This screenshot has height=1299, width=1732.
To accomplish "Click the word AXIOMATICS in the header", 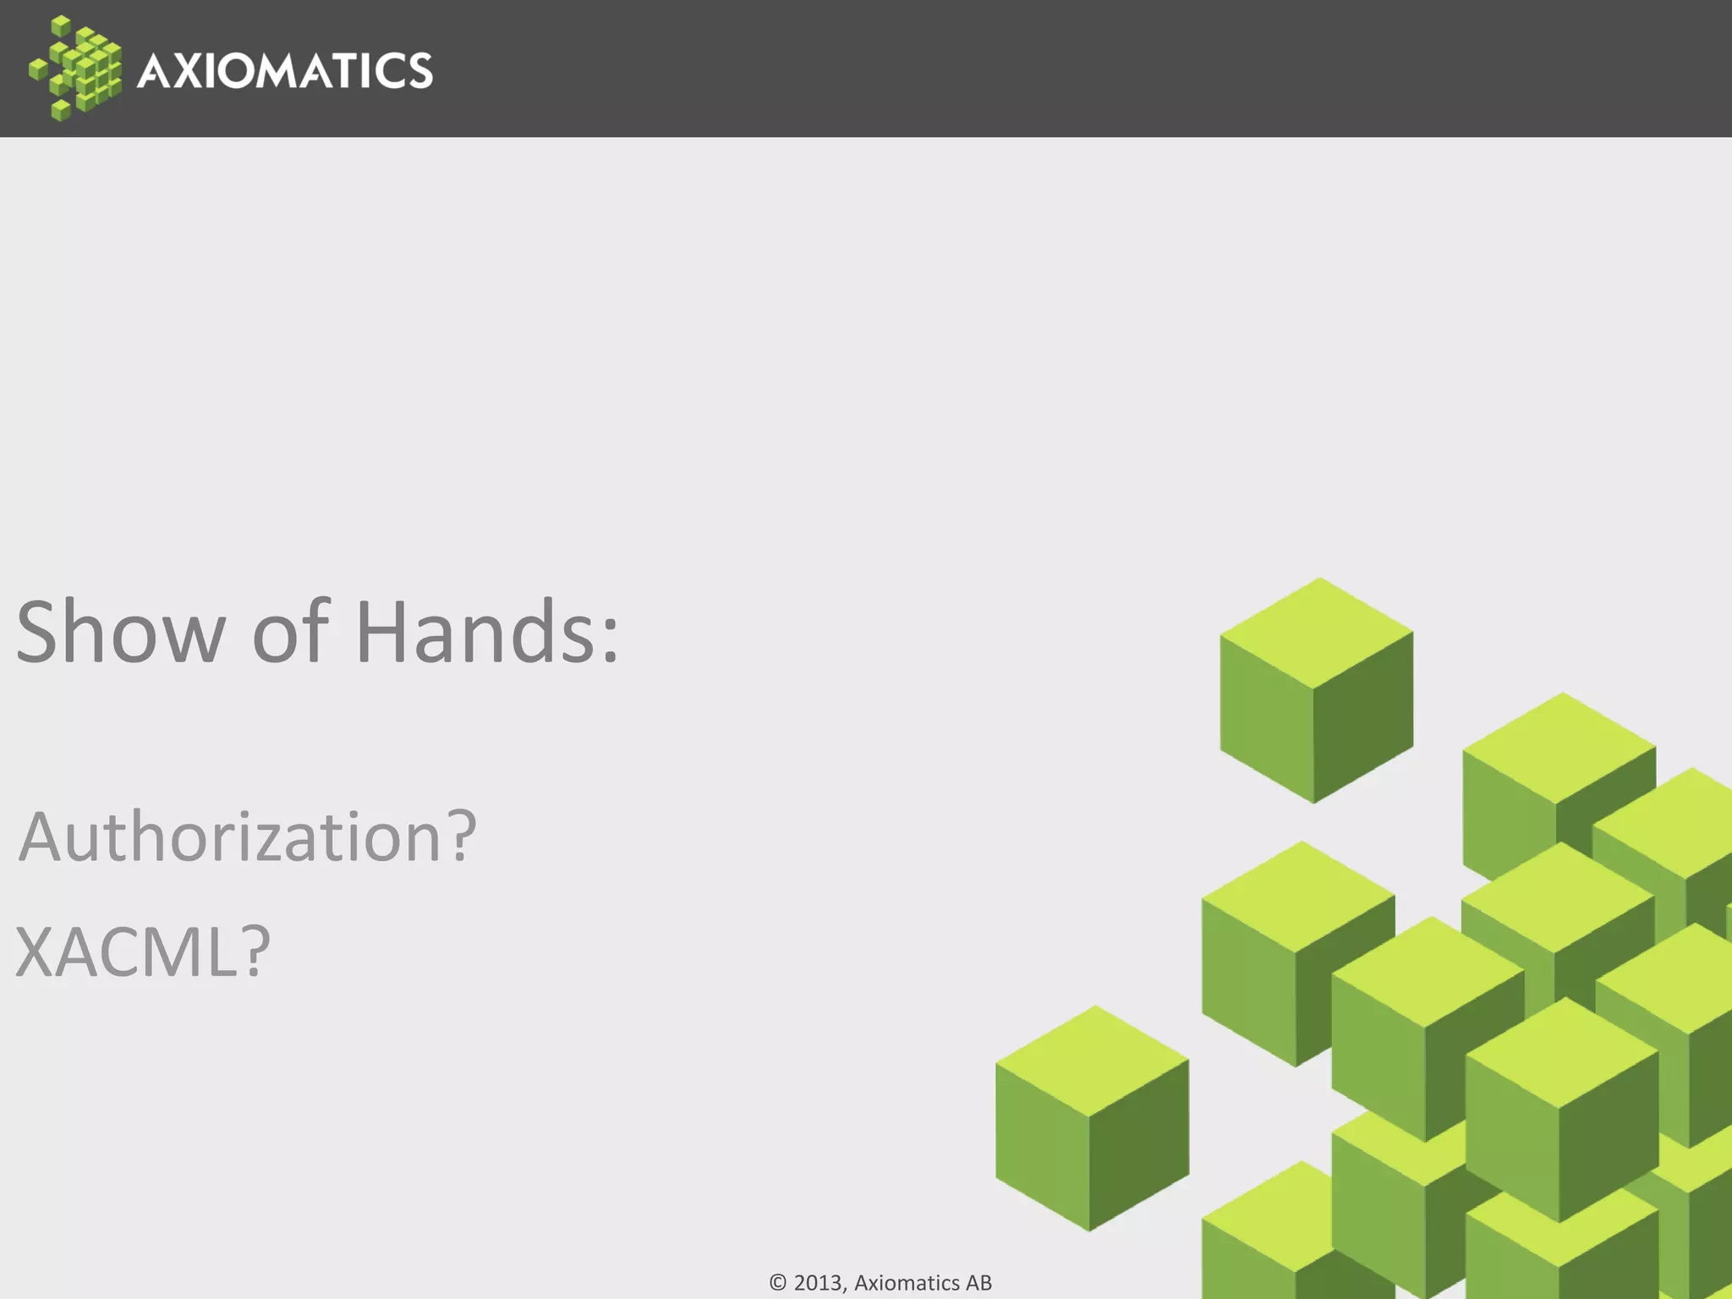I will click(285, 70).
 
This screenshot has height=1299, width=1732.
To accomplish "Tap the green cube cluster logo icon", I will click(75, 69).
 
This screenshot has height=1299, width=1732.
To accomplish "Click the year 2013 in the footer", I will click(819, 1283).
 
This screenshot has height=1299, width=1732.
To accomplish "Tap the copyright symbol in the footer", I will click(778, 1283).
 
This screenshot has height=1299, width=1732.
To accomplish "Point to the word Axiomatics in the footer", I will click(906, 1283).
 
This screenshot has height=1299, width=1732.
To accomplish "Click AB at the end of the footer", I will click(978, 1283).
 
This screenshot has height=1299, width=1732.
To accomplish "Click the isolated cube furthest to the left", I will click(1092, 1118).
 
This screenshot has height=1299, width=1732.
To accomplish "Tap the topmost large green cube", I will click(1316, 690).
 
